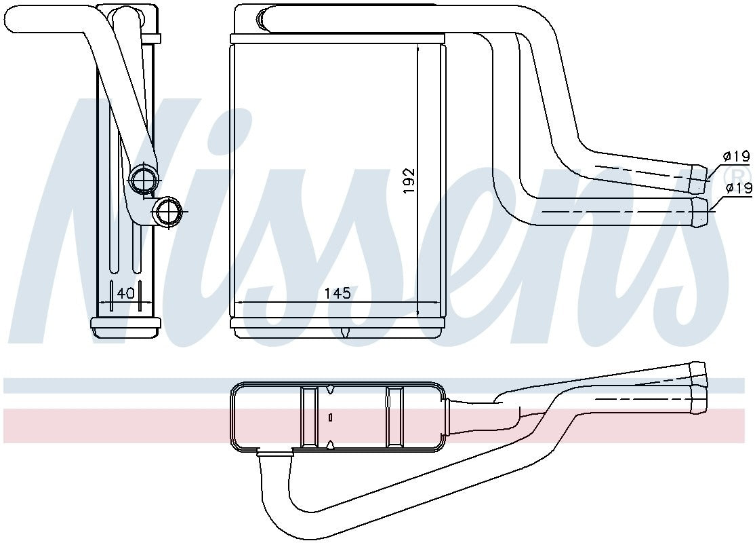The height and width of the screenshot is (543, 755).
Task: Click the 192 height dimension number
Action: click(409, 181)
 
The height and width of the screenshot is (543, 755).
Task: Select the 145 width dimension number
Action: click(337, 293)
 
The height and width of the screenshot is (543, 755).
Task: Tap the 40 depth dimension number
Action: click(125, 293)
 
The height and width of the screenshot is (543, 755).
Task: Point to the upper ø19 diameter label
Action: click(737, 156)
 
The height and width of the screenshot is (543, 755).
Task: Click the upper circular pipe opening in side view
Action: click(144, 180)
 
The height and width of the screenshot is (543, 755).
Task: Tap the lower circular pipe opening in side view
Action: click(167, 211)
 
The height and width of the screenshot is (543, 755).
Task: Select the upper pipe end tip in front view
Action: click(700, 178)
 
